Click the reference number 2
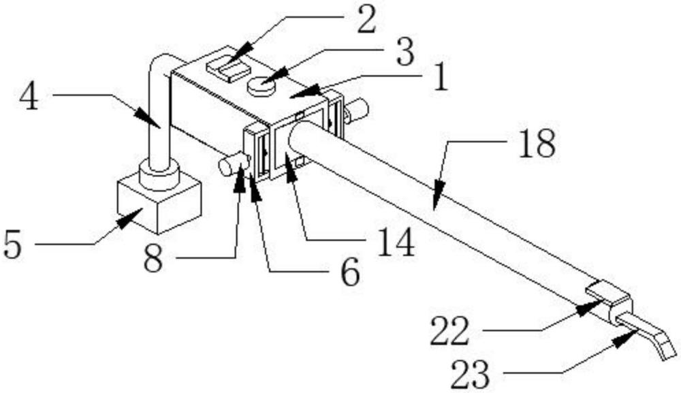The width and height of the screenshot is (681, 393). pyautogui.click(x=366, y=21)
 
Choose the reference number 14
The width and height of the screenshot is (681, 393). pyautogui.click(x=395, y=244)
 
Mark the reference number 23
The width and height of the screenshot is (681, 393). pyautogui.click(x=471, y=373)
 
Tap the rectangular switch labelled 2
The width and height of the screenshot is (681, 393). pyautogui.click(x=228, y=69)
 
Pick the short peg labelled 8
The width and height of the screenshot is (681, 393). pyautogui.click(x=232, y=166)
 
